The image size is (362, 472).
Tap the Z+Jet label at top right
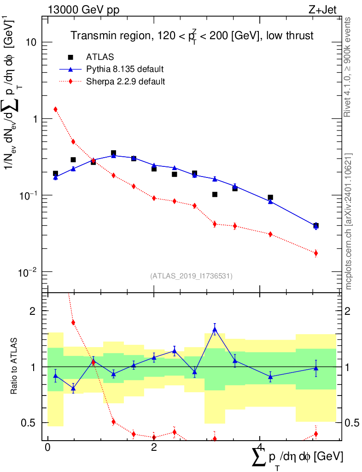(322, 10)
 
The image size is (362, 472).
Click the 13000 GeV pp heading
(83, 10)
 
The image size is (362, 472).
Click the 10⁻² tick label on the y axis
(27, 272)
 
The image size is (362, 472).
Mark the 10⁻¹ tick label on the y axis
(27, 195)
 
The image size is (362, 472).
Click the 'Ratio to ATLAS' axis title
(13, 366)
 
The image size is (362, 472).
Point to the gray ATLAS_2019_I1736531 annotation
(191, 276)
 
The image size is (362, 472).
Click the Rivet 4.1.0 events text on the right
(347, 67)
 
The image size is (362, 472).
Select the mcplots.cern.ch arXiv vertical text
(348, 222)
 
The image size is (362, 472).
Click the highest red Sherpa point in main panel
(55, 109)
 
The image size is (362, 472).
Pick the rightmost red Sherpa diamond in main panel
(315, 253)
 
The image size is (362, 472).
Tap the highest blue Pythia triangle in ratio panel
(215, 329)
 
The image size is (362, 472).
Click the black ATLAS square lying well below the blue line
(215, 195)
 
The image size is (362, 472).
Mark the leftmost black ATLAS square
(55, 173)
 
